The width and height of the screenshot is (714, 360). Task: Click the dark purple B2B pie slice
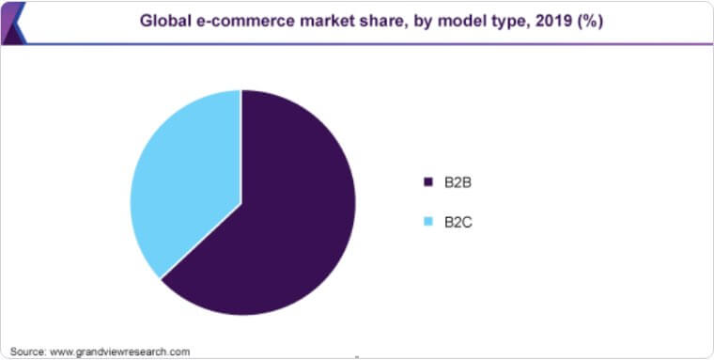coord(282,226)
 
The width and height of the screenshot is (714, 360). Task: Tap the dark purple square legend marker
coord(428,181)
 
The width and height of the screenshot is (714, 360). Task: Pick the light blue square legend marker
coord(428,222)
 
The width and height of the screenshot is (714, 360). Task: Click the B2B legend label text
coord(458,181)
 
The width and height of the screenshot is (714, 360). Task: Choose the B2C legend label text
coord(458,222)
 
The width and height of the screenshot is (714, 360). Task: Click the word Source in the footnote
coord(26,352)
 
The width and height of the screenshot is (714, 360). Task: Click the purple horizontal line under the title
coord(376,43)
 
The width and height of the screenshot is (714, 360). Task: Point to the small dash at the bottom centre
coord(357,356)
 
